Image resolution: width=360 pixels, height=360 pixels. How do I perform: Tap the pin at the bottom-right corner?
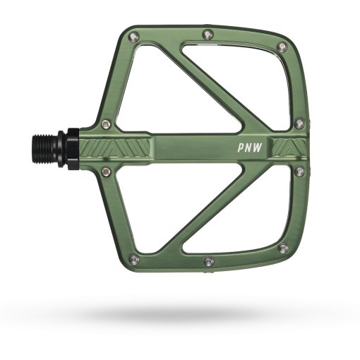click(282, 247)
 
